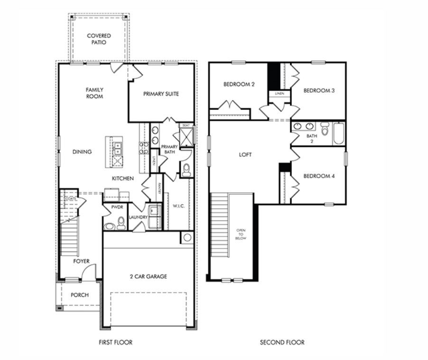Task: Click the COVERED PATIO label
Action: [99, 39]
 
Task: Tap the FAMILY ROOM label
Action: [94, 93]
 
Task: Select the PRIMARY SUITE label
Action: [161, 94]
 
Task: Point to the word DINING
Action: [82, 152]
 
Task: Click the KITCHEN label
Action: [122, 179]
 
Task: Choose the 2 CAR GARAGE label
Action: [149, 276]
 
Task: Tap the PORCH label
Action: [80, 295]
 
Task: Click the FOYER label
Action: [81, 261]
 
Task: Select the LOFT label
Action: [245, 155]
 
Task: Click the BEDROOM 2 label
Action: [239, 85]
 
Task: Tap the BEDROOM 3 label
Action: [319, 90]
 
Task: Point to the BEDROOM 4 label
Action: [319, 176]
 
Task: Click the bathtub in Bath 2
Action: [339, 133]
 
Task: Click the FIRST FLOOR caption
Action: [115, 342]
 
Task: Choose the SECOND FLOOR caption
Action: [282, 342]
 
